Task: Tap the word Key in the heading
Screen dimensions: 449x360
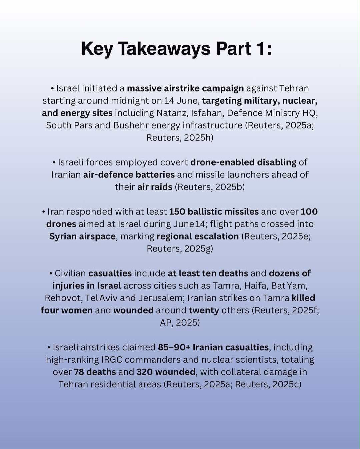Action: click(x=96, y=49)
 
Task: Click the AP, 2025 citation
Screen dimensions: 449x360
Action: click(x=180, y=323)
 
